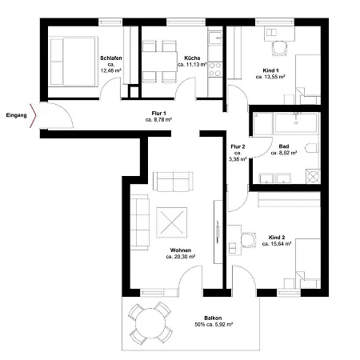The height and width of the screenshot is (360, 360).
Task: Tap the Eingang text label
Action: [15, 115]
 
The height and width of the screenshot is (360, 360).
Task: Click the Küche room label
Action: [191, 58]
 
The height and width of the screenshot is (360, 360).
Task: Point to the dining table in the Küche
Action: [158, 60]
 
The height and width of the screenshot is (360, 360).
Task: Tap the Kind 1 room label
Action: [274, 70]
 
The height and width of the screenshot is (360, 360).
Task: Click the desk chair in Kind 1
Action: [278, 49]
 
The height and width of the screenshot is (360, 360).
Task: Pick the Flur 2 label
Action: [238, 146]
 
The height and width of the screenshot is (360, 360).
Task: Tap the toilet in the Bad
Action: [311, 149]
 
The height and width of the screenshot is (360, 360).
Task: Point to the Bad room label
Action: [284, 146]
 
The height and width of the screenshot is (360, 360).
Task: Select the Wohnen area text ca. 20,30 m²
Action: [182, 257]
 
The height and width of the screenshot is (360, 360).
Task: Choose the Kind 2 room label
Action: [277, 238]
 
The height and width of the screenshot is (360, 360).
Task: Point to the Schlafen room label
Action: [110, 58]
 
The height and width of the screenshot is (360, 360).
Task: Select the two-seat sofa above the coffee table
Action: [173, 181]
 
